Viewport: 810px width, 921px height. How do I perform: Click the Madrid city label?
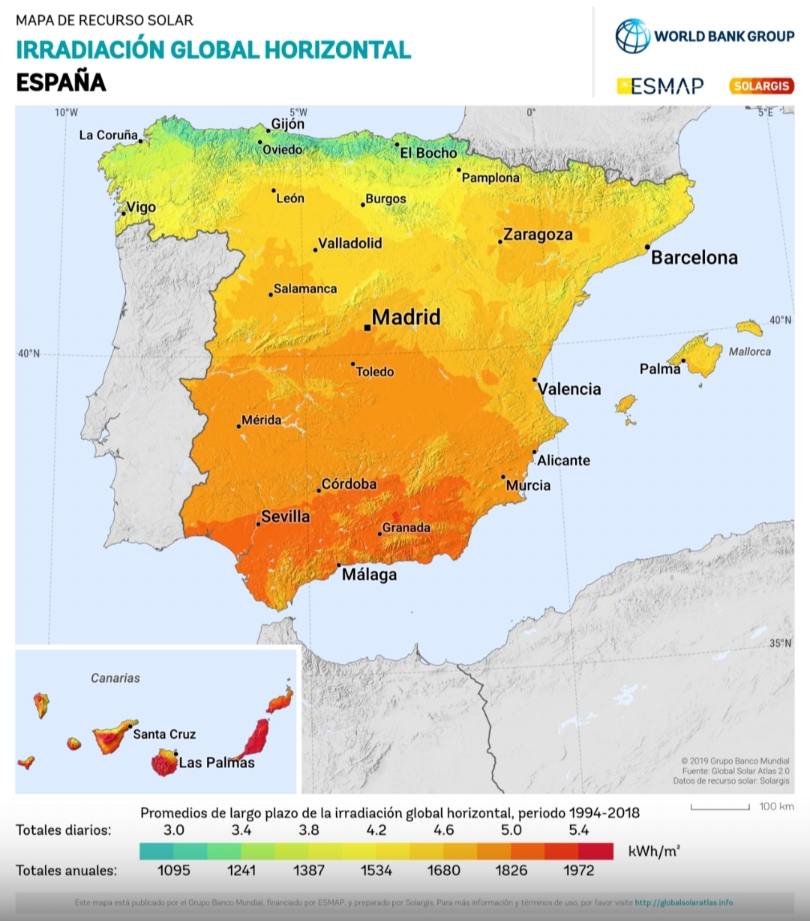coord(406,317)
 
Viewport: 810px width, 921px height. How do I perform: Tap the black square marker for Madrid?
coord(367,327)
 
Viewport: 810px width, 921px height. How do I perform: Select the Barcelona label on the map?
coord(694,258)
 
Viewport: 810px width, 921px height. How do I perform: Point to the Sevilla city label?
coord(285,516)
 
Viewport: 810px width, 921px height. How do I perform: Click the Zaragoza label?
coord(538,235)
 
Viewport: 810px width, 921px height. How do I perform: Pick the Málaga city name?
coord(369,575)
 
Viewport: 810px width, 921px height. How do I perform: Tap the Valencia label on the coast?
coord(569,389)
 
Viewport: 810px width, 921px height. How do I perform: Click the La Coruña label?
coord(109,135)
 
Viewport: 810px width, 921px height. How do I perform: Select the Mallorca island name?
coord(749,351)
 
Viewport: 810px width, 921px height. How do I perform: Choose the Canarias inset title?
coord(115,678)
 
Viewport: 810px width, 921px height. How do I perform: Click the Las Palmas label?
coord(217,763)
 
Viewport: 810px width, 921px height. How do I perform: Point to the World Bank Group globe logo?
coord(632,36)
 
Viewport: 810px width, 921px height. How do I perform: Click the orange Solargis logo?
coord(761,86)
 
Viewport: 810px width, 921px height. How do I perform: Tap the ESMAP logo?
coord(661,86)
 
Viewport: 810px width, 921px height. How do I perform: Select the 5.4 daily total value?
coord(578,830)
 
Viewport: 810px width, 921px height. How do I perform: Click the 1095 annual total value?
coord(173,870)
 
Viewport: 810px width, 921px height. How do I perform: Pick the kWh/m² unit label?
coord(653,851)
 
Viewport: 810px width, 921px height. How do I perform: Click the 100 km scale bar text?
coord(776,806)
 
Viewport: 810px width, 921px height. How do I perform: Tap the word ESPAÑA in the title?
coord(61,82)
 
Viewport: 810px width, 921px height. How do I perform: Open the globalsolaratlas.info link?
coord(683,902)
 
